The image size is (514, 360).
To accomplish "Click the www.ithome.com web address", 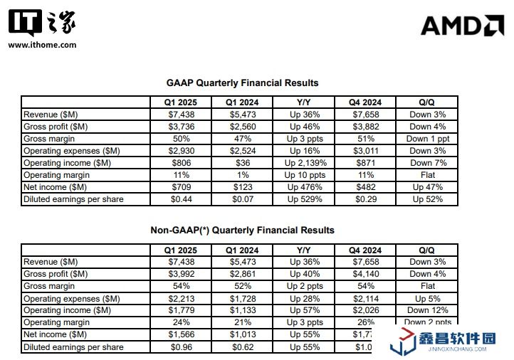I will (42, 44).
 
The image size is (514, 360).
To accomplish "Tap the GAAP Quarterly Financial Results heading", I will (242, 83).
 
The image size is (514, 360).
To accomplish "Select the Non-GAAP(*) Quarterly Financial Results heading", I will (242, 230).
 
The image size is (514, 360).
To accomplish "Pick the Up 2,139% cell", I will (305, 162).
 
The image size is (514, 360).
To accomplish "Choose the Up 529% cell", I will (305, 199).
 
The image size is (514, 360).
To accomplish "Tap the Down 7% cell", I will (426, 162).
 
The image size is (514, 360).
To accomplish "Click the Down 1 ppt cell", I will (426, 138).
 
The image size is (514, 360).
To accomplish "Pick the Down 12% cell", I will (426, 310).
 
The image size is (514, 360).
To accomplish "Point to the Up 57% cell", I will (305, 310).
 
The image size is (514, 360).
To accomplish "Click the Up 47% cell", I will (426, 187).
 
